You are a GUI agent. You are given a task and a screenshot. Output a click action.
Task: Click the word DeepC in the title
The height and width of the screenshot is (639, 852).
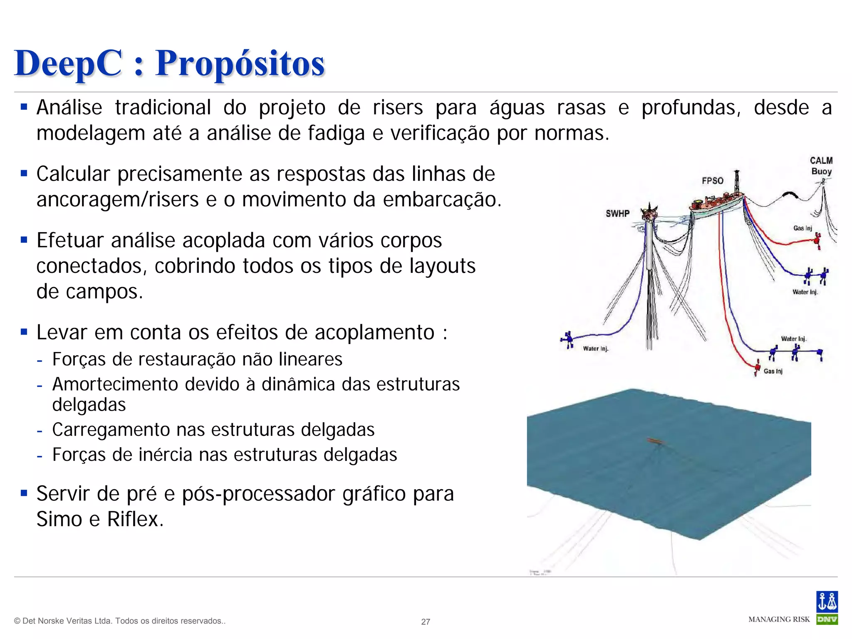(x=69, y=63)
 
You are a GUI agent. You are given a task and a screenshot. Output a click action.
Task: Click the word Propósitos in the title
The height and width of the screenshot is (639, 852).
(x=240, y=63)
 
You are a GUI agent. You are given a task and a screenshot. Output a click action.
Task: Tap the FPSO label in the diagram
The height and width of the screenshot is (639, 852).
(x=713, y=181)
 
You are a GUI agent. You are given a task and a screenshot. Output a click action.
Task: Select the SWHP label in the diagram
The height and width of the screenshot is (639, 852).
(x=617, y=214)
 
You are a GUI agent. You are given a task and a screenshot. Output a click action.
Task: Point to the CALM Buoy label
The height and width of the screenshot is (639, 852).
(x=821, y=166)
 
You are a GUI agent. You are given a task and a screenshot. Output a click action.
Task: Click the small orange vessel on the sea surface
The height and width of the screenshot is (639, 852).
(x=657, y=441)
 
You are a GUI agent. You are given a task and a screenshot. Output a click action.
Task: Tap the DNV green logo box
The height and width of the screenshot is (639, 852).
(x=827, y=619)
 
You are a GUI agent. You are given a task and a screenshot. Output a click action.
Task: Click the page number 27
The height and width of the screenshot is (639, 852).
(x=426, y=622)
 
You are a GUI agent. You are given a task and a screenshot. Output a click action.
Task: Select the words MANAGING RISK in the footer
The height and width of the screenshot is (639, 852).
(x=779, y=619)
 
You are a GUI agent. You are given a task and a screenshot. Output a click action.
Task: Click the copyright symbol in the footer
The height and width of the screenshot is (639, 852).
(x=17, y=621)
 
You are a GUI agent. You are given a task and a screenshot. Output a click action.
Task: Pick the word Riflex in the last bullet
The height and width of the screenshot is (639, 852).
(x=135, y=519)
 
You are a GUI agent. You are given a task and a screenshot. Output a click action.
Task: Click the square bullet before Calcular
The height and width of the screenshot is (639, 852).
(x=24, y=173)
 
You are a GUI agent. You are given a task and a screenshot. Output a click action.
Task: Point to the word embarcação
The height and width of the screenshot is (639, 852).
(x=442, y=200)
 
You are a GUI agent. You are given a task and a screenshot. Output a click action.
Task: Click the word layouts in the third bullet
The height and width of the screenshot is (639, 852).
(x=442, y=266)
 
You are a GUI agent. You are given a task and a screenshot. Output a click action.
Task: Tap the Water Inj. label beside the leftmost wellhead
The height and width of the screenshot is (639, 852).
(x=595, y=349)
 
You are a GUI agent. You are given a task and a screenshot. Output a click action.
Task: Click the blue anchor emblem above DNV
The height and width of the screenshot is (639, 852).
(x=827, y=602)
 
